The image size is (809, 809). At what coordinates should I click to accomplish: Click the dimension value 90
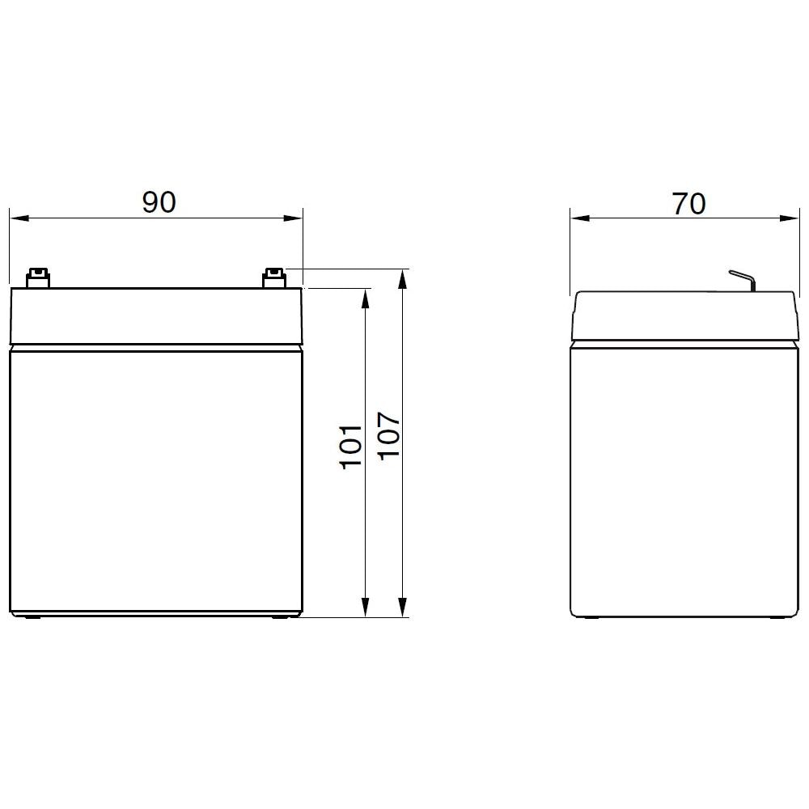coord(159,202)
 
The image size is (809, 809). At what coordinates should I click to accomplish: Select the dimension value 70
coord(688,203)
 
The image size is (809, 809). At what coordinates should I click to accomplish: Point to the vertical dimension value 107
coord(389,435)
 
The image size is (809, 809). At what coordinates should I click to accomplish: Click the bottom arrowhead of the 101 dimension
coord(366,608)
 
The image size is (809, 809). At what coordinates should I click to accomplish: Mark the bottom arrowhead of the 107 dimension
coord(402,608)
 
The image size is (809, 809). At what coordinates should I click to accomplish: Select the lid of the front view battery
coord(155,316)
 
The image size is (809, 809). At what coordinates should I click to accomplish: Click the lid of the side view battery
coord(684,316)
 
